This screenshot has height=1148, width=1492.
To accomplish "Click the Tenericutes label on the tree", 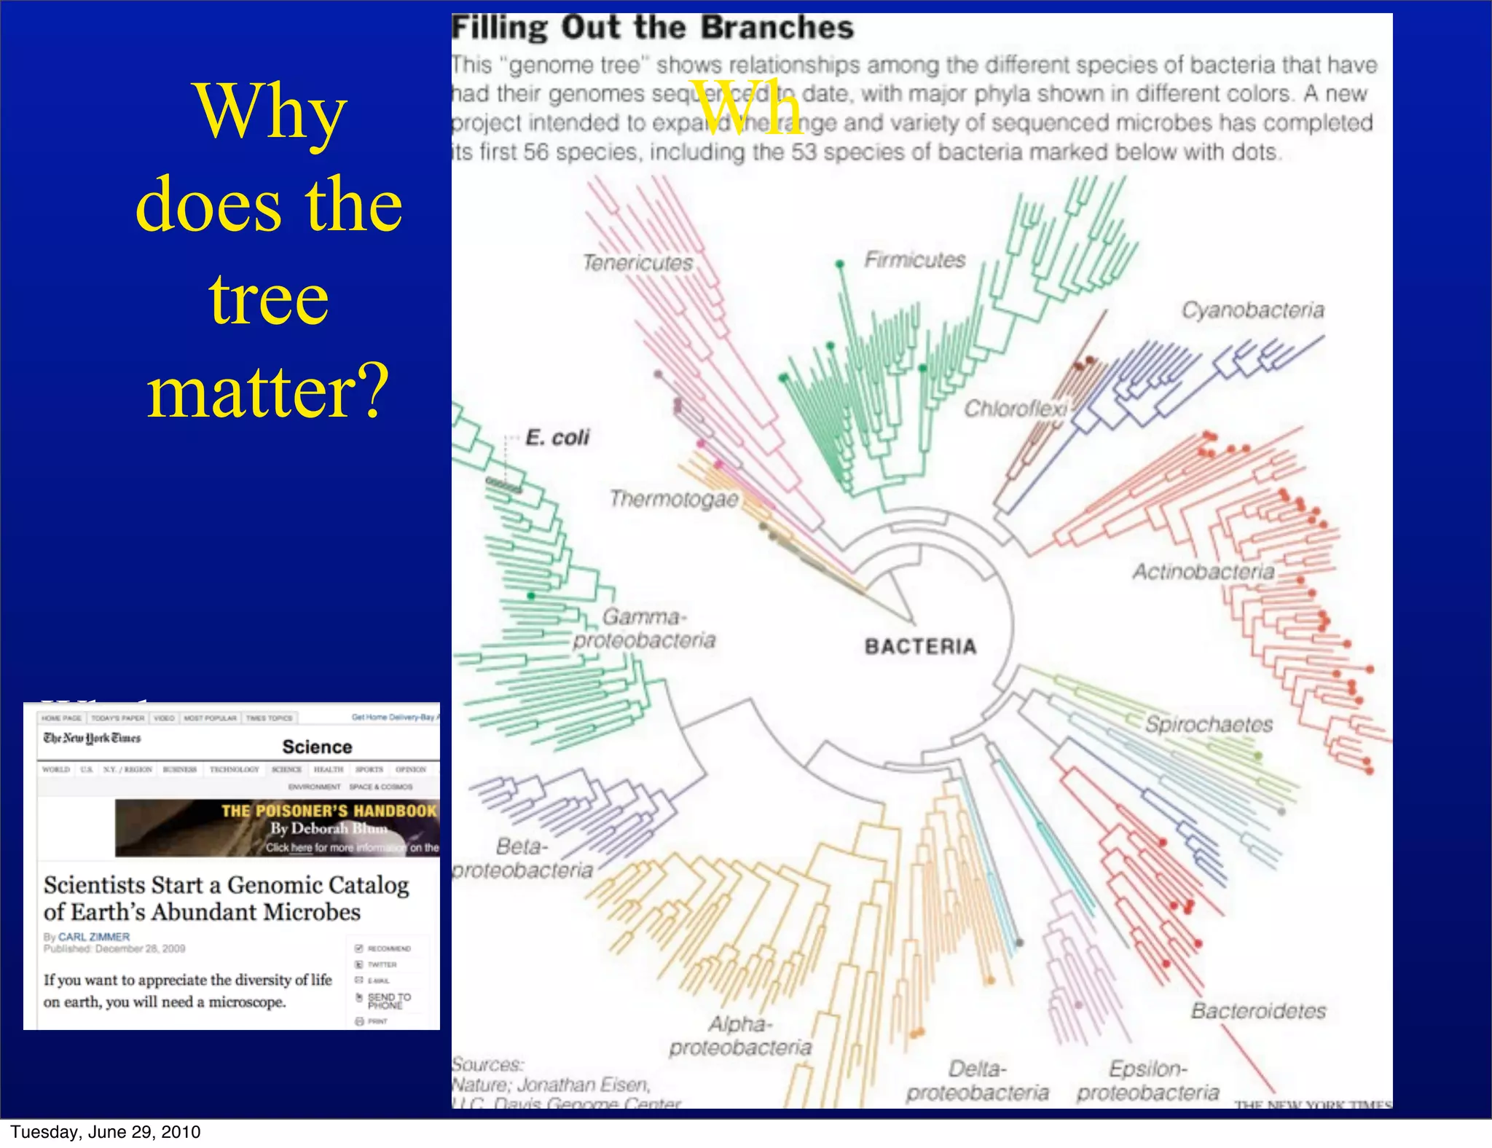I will (x=637, y=263).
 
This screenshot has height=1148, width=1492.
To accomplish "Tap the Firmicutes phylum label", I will (x=914, y=260).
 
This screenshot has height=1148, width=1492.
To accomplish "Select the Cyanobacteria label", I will (x=1252, y=310).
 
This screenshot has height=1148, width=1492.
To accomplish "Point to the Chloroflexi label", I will (x=1016, y=409).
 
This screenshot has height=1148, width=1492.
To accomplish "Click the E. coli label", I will (x=557, y=438).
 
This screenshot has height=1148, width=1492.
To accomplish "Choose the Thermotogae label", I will (x=674, y=499).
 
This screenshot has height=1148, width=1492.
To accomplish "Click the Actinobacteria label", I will (x=1203, y=572).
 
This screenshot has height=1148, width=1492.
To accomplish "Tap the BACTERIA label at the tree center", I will (x=920, y=647).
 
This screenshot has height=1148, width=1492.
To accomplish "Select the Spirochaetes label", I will (x=1209, y=724).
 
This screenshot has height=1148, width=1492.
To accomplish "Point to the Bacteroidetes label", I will (x=1258, y=1011).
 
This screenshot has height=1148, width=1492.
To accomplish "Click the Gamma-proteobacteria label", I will (x=644, y=629).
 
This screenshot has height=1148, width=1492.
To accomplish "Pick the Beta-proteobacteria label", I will (x=522, y=859).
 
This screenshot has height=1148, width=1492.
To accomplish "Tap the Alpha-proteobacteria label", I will (x=740, y=1036).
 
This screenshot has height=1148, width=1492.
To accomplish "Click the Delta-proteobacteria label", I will (x=977, y=1081).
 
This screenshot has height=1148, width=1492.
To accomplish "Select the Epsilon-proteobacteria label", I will (x=1147, y=1081).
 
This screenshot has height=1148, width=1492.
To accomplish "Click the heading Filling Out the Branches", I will (x=652, y=28).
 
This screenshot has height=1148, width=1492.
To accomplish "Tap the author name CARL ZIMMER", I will (x=93, y=937).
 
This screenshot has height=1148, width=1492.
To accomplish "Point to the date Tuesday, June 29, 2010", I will (x=106, y=1132).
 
